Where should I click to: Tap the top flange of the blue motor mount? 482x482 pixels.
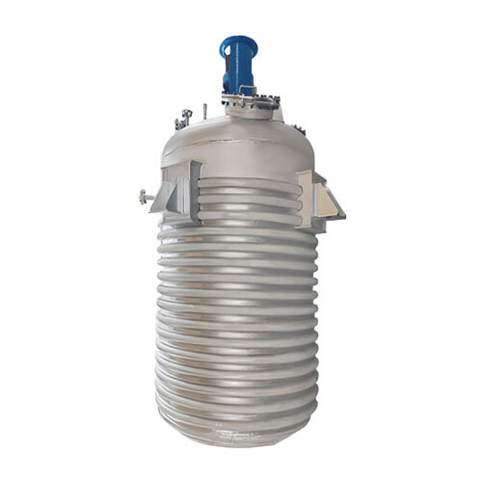(x=236, y=40)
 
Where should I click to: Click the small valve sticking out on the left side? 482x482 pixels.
(x=146, y=198)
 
